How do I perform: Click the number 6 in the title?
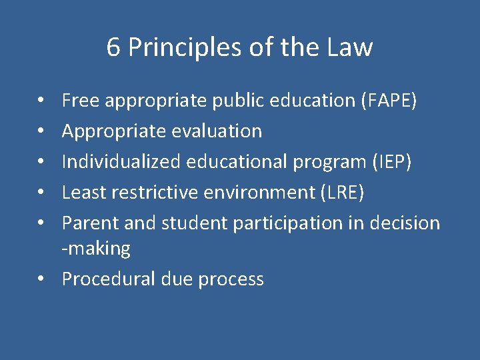[x=114, y=47]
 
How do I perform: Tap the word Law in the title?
[x=350, y=47]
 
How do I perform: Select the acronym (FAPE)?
[x=389, y=101]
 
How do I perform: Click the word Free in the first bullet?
[x=81, y=101]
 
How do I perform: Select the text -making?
[x=96, y=249]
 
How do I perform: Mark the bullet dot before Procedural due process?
[x=41, y=279]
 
